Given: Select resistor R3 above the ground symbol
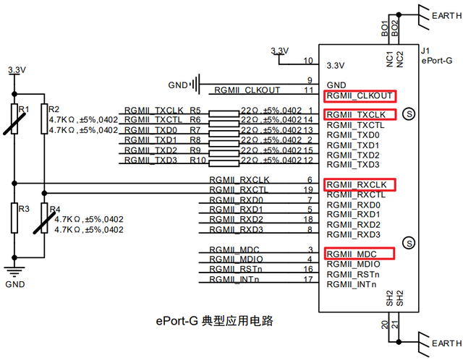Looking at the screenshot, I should click(13, 217).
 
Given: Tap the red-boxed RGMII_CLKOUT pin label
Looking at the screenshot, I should click(360, 95).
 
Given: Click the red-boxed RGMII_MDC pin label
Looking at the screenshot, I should click(360, 254).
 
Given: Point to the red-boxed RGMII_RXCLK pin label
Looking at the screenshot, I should click(360, 184).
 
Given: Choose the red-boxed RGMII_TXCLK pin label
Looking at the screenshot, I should click(360, 115).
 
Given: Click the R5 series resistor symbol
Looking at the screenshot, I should click(221, 113).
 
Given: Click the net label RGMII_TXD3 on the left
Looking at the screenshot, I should click(150, 159).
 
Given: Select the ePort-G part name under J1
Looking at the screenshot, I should click(436, 61).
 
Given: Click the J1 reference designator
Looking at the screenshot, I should click(426, 51).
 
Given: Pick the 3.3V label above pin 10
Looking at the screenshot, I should click(279, 51).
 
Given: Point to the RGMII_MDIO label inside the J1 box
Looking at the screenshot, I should click(354, 264).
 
